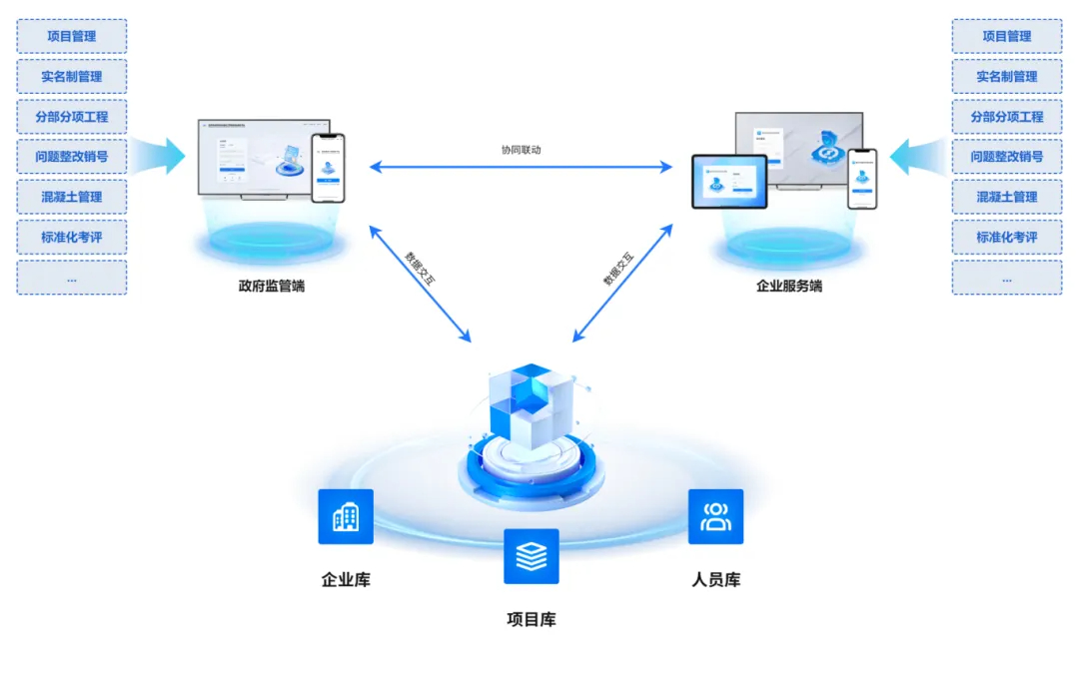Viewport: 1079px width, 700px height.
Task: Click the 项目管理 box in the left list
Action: (x=72, y=36)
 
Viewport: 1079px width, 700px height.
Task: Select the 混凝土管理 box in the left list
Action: (x=72, y=197)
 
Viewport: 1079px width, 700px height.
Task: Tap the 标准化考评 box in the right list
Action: (x=1006, y=238)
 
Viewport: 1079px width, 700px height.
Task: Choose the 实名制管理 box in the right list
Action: (x=1006, y=76)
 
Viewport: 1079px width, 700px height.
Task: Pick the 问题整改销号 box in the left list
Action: (x=72, y=157)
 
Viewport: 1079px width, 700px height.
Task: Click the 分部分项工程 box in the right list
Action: (x=1006, y=117)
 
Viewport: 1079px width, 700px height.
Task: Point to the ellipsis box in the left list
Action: (x=72, y=278)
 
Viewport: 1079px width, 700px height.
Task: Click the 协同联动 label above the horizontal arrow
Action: (x=522, y=150)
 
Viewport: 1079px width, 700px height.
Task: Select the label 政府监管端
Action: (x=272, y=286)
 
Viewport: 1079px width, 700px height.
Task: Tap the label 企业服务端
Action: (x=789, y=286)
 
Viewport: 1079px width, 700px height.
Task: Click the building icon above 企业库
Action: (x=346, y=516)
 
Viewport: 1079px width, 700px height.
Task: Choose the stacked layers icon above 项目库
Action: (x=532, y=556)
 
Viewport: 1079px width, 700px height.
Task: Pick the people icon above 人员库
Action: (x=715, y=516)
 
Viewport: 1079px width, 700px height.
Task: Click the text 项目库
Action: (x=532, y=619)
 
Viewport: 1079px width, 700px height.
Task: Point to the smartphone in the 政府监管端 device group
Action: (x=327, y=169)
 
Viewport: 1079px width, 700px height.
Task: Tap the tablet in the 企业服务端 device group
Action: (x=729, y=182)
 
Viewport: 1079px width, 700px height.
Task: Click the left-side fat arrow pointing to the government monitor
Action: (x=160, y=157)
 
